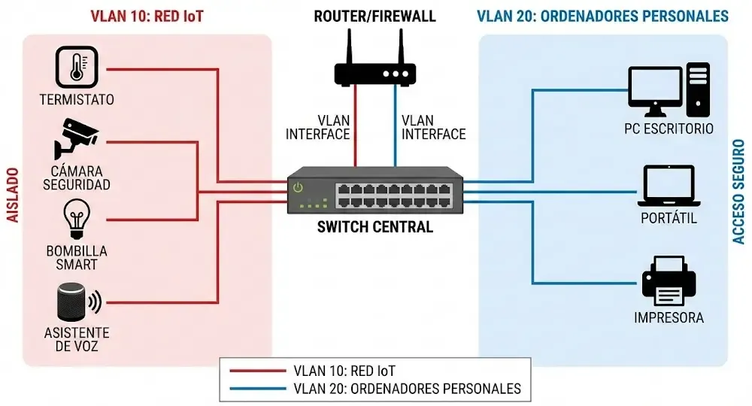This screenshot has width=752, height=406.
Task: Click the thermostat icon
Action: click(x=77, y=67)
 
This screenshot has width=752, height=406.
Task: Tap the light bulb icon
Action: click(x=76, y=219)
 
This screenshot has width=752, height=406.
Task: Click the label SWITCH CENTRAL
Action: click(x=375, y=227)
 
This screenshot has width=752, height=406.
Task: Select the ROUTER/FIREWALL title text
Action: click(x=375, y=16)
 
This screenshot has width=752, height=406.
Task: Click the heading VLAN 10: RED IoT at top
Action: click(x=147, y=16)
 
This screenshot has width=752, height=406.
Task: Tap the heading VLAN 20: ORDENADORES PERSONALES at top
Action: click(x=602, y=16)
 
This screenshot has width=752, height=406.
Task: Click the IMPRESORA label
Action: click(x=669, y=318)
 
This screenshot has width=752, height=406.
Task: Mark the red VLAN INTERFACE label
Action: click(x=318, y=127)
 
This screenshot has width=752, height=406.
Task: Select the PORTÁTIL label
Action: click(x=669, y=219)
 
